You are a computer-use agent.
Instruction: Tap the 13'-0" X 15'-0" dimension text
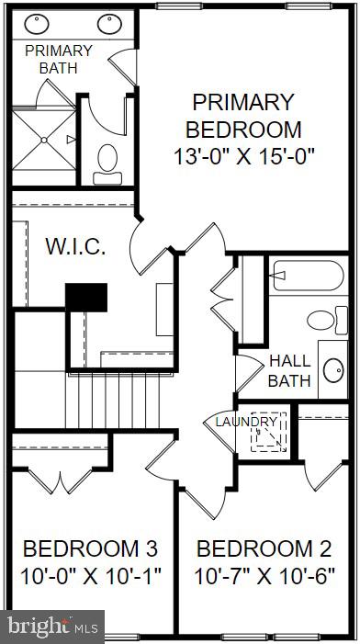coord(245,155)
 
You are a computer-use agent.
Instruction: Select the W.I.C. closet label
coord(76,247)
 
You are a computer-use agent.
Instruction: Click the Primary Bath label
coord(58,59)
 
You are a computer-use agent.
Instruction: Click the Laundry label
coord(246,422)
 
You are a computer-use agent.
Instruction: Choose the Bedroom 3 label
coord(90,549)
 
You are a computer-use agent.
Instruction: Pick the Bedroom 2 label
coord(264,549)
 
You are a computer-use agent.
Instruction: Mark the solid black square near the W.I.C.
coord(86,296)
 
